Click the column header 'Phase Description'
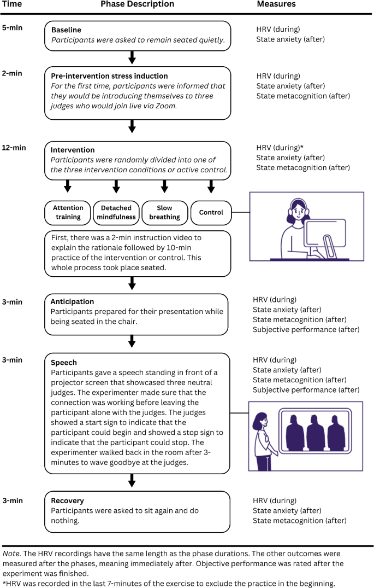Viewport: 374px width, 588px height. pyautogui.click(x=137, y=4)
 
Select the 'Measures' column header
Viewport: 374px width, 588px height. pyautogui.click(x=276, y=4)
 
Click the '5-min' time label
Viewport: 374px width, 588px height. pyautogui.click(x=13, y=27)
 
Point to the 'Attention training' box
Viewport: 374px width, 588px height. pyautogui.click(x=68, y=212)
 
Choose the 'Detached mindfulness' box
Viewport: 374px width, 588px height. pyautogui.click(x=116, y=212)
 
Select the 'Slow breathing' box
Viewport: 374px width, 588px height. pyautogui.click(x=164, y=212)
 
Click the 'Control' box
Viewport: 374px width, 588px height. pyautogui.click(x=211, y=212)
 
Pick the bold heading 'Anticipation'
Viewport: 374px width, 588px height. pyautogui.click(x=72, y=301)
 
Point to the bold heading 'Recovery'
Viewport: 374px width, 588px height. pyautogui.click(x=68, y=500)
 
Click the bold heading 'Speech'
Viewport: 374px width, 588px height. pyautogui.click(x=64, y=363)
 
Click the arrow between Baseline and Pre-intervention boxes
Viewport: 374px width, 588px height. pyautogui.click(x=132, y=57)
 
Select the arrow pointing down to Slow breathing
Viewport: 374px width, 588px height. pyautogui.click(x=164, y=188)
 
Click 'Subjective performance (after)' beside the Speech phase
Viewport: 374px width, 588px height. pyautogui.click(x=306, y=390)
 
